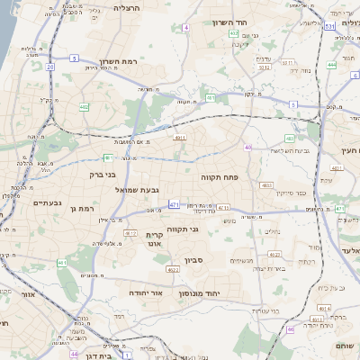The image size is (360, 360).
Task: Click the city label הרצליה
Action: [x=126, y=7]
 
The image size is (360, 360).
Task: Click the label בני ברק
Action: [x=104, y=176]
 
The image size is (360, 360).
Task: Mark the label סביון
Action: [x=195, y=260]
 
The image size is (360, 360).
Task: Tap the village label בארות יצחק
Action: [x=273, y=267]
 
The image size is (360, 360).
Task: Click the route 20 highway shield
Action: [x=50, y=67]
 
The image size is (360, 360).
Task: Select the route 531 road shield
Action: [x=330, y=27]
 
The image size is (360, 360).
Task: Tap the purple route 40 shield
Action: [x=247, y=147]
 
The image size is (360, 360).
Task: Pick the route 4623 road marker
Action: [x=171, y=269]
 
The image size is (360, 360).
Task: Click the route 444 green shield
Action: [x=332, y=65]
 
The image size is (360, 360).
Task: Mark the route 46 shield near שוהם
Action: [x=290, y=329]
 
